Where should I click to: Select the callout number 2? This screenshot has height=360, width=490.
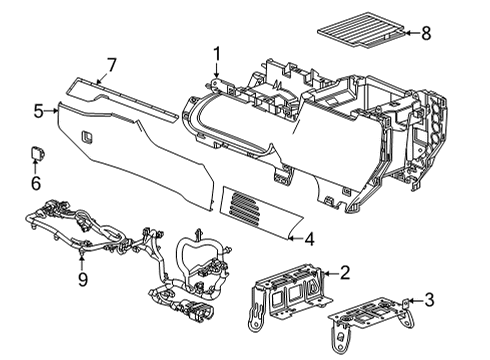[344, 271]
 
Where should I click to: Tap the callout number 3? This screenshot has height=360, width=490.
[429, 298]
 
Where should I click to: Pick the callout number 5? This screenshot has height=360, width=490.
[37, 111]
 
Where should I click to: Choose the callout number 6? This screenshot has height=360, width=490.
[36, 183]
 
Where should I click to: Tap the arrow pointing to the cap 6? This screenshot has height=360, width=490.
[36, 168]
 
